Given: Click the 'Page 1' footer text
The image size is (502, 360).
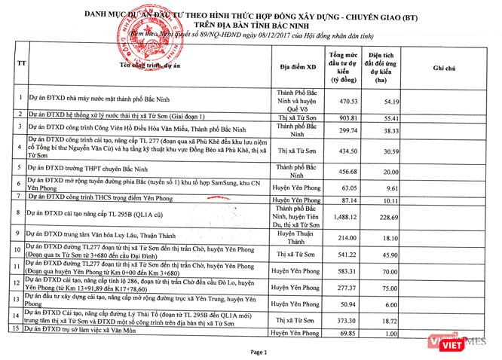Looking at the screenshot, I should [x=259, y=352].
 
